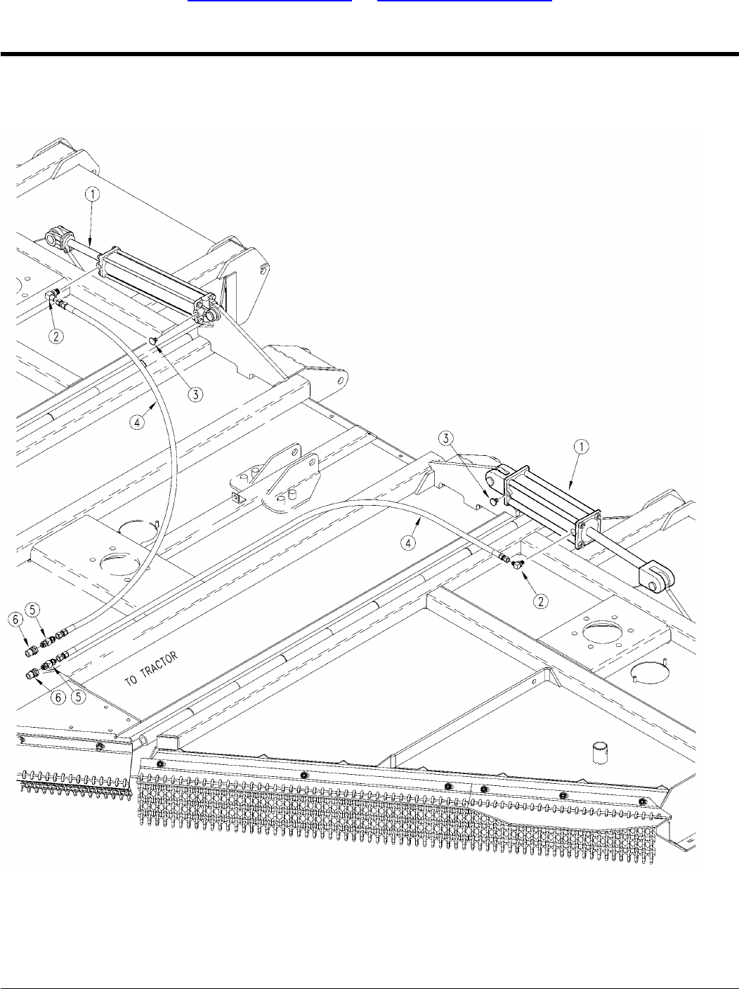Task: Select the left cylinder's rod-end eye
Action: click(x=55, y=238)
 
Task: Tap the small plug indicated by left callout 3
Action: click(x=152, y=341)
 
